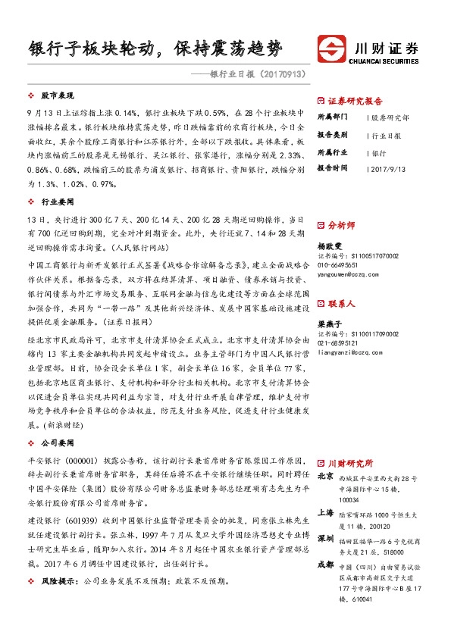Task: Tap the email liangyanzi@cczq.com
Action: pyautogui.click(x=346, y=351)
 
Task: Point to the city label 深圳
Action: pyautogui.click(x=326, y=539)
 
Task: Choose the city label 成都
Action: pyautogui.click(x=326, y=564)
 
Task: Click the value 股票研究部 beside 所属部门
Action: pyautogui.click(x=390, y=117)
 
